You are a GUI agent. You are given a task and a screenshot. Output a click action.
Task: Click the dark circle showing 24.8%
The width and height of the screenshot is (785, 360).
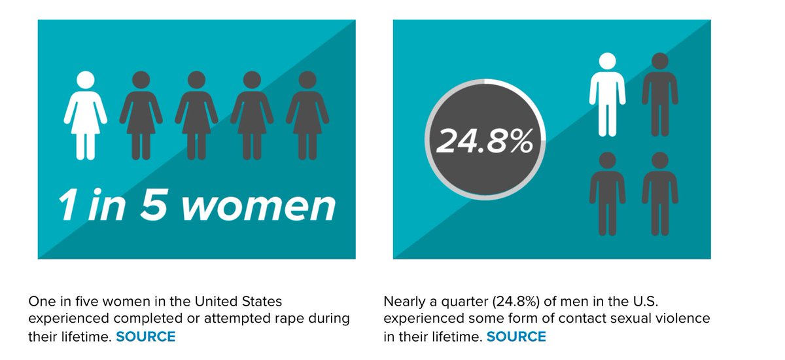pyautogui.click(x=485, y=141)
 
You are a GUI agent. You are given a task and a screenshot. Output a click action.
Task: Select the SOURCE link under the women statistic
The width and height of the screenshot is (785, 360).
pyautogui.click(x=146, y=337)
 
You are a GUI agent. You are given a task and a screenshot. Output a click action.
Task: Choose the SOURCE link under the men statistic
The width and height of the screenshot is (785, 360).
pyautogui.click(x=516, y=337)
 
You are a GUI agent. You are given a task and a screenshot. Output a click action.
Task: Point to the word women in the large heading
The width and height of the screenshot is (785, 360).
pyautogui.click(x=258, y=206)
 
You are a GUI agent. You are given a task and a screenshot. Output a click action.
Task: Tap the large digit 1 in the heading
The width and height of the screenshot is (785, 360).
pyautogui.click(x=67, y=206)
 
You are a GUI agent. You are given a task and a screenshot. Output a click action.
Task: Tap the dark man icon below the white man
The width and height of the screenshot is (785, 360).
pyautogui.click(x=607, y=194)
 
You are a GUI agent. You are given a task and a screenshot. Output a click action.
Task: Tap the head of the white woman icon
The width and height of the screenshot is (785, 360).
pyautogui.click(x=85, y=81)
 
